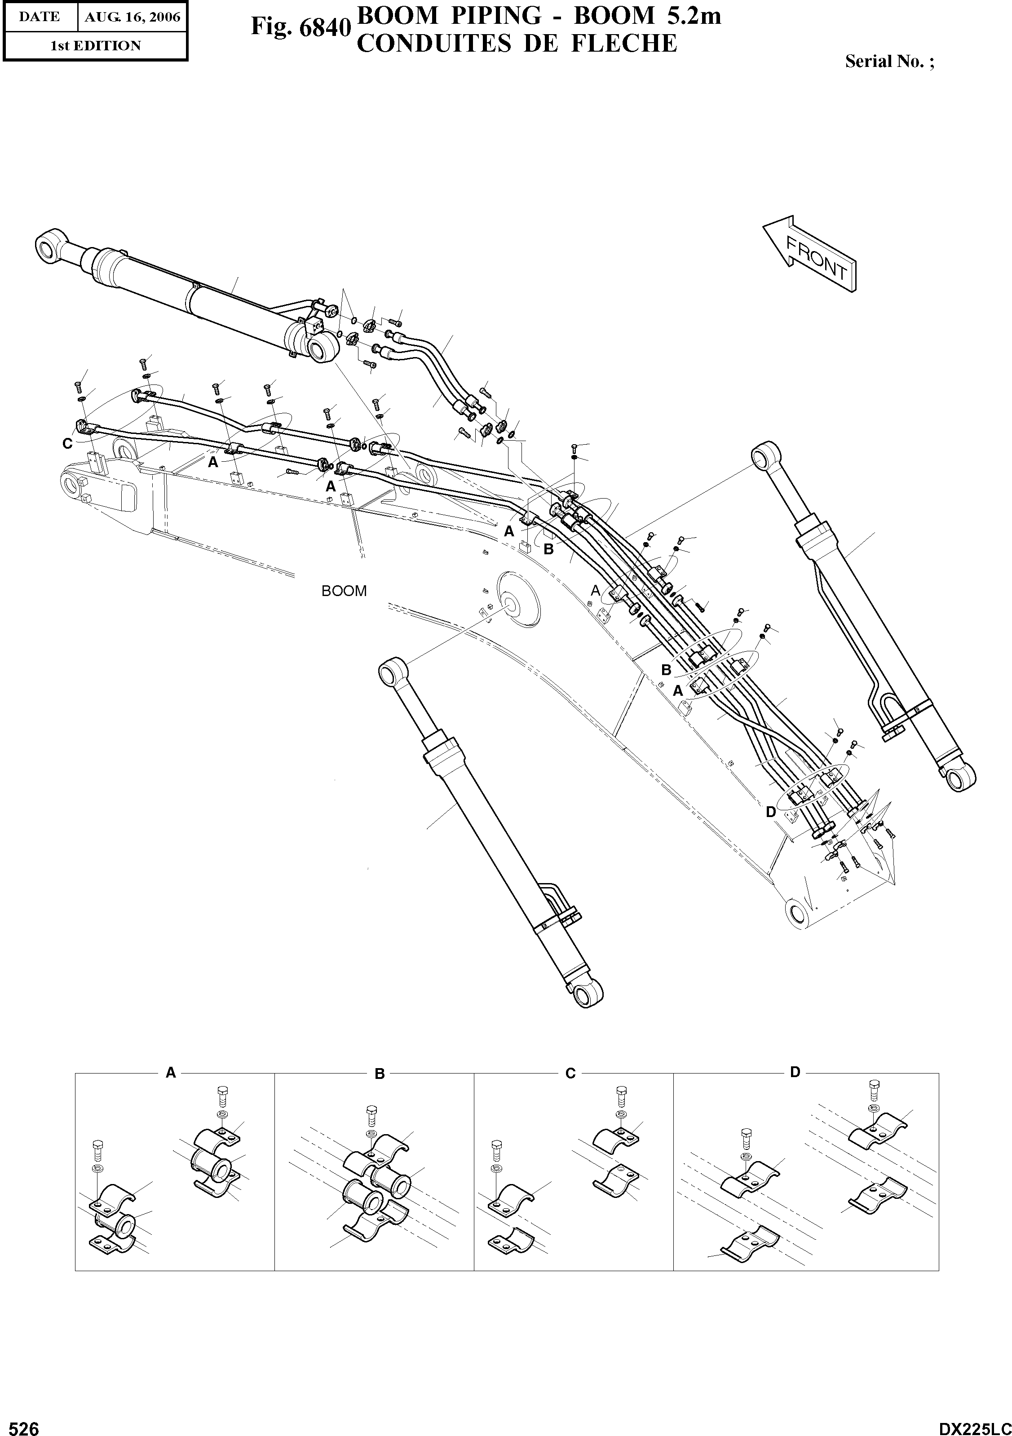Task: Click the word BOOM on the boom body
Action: click(x=344, y=591)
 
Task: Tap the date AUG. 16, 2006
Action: click(x=132, y=18)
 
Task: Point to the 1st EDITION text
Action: click(x=95, y=46)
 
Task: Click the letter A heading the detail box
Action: click(x=170, y=1073)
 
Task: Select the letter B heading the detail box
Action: click(x=379, y=1074)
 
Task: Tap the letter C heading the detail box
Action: click(x=570, y=1074)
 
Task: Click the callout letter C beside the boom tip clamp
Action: click(x=67, y=443)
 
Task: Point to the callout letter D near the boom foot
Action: click(x=771, y=812)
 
